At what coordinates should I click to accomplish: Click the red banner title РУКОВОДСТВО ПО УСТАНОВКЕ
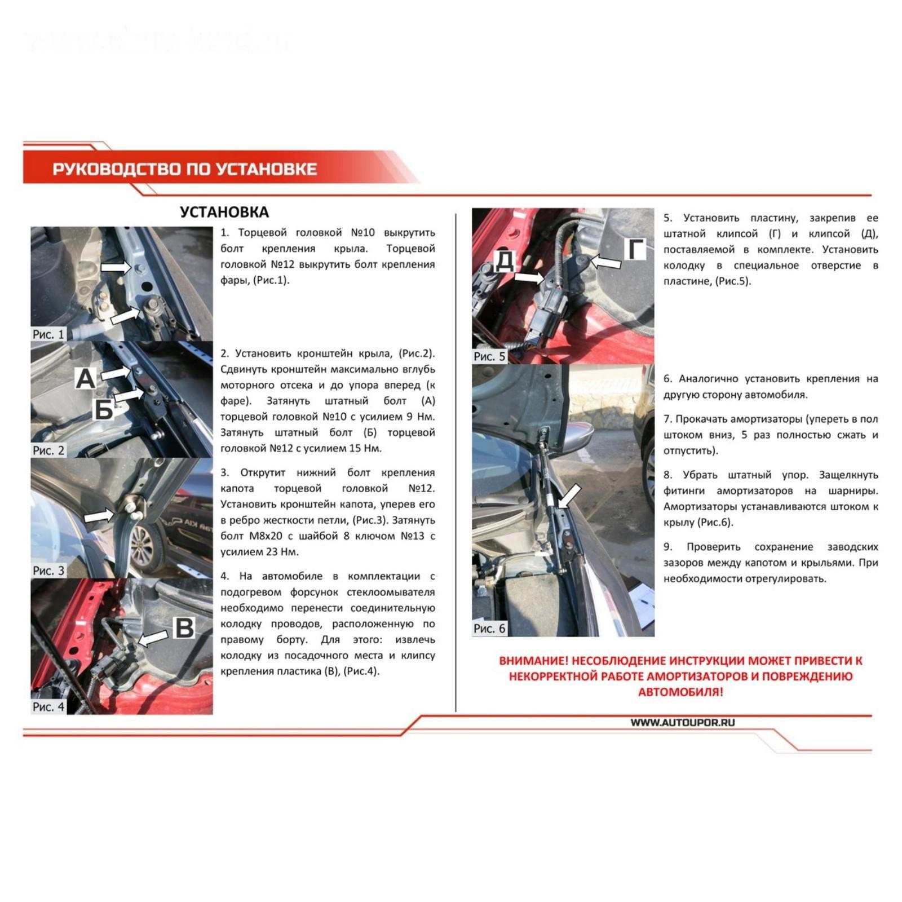184,169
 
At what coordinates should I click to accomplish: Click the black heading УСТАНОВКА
224,213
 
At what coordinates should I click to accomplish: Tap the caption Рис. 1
48,334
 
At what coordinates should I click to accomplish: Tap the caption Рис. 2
48,450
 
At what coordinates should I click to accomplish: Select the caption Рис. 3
48,571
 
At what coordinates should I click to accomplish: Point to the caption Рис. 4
48,707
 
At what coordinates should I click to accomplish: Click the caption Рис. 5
489,356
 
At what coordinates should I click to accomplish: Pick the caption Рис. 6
489,629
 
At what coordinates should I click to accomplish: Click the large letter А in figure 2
86,378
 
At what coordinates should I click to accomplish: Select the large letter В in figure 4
184,628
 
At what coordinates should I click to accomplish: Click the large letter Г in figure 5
636,250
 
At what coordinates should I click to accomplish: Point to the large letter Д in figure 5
505,262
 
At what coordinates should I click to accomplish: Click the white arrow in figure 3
99,516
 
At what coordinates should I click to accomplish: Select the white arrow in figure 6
570,496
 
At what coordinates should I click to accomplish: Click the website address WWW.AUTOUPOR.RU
683,723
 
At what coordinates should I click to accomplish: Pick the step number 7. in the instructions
667,419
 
